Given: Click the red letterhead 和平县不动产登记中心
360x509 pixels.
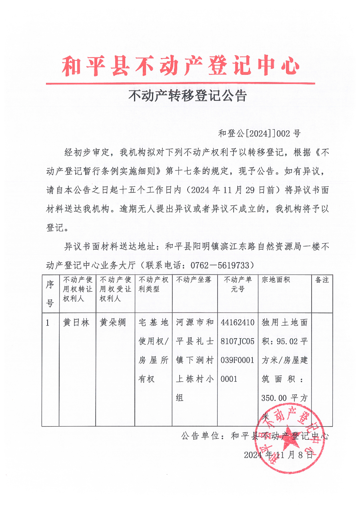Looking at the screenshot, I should (x=180, y=66).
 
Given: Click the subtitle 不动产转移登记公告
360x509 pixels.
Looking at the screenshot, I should (x=188, y=96).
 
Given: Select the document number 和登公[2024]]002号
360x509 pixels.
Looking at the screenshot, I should (x=259, y=134).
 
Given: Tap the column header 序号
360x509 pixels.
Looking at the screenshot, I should (x=50, y=294).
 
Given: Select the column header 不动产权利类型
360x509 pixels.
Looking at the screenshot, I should (x=153, y=284).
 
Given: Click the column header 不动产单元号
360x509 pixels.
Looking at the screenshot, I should (x=238, y=284).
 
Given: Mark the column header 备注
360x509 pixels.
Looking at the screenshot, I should (x=322, y=280).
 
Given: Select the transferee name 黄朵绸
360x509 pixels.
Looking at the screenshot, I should (x=112, y=323).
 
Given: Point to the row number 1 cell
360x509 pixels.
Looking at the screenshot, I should (x=48, y=323).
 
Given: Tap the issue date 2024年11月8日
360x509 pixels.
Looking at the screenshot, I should (x=278, y=455).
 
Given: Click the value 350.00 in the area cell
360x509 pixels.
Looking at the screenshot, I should (x=274, y=398).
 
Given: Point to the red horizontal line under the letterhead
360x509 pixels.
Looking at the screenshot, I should (x=180, y=83).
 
